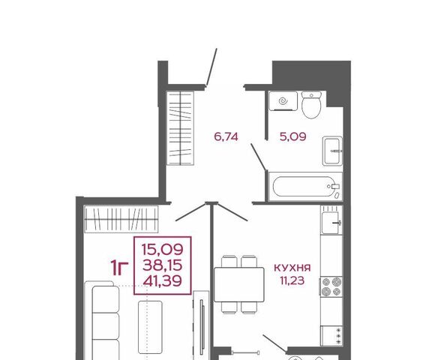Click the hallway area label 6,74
pos(226,136)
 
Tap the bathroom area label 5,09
pos(292,136)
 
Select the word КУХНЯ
pos(292,268)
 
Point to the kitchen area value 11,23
pos(292,280)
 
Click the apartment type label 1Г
pos(119,268)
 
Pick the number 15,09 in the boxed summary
pos(163,250)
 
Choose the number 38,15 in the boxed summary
pos(163,265)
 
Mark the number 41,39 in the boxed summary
pos(163,280)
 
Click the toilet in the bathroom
pos(311,105)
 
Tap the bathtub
pos(305,187)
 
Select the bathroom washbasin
pos(332,151)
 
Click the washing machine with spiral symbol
pos(283,101)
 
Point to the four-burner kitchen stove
pos(331,287)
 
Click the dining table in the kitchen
pos(239,285)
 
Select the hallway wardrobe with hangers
pos(180,128)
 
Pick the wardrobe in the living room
pos(121,219)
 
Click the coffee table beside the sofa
pos(150,327)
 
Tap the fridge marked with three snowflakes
pos(331,336)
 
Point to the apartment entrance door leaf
pos(211,67)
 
